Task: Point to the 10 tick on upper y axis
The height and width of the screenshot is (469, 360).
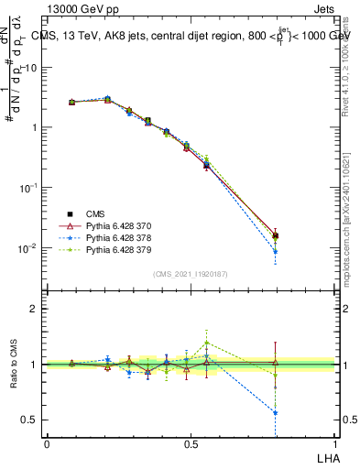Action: [x=33, y=67]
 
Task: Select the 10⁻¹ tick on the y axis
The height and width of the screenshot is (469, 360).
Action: [x=30, y=188]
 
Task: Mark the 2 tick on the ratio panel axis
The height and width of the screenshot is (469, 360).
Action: [x=35, y=309]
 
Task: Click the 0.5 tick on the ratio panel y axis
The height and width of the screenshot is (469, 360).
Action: [x=30, y=420]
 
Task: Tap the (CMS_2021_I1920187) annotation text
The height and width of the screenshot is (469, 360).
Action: [x=190, y=273]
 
